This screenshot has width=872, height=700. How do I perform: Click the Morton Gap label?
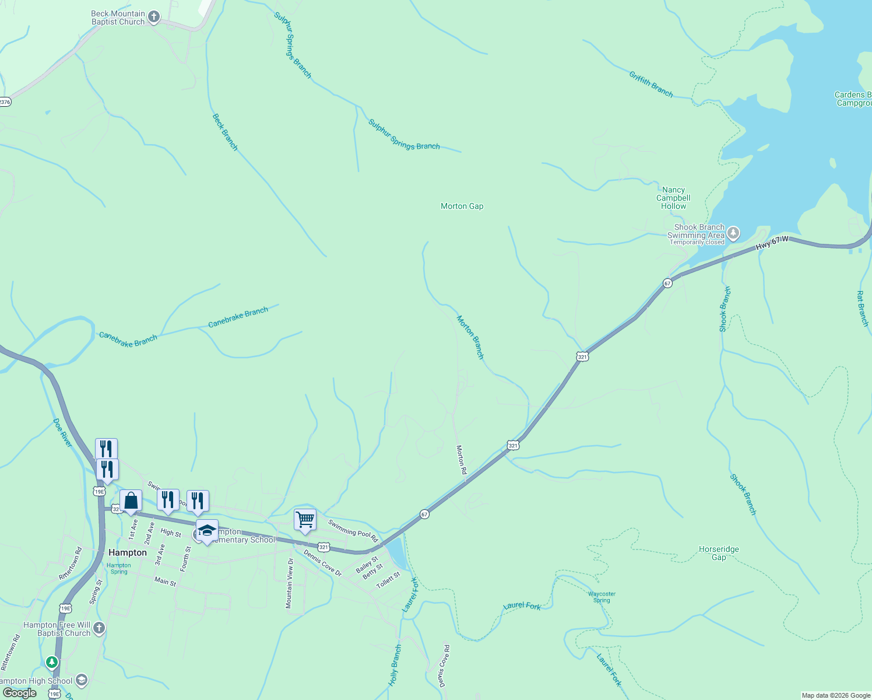click(x=462, y=206)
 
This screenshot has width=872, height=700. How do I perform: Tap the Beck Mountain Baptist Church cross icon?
click(x=154, y=17)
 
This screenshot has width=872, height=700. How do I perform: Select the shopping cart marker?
click(x=305, y=519)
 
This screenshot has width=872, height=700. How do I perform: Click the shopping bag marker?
click(x=131, y=501)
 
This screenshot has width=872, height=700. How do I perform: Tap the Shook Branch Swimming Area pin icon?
click(x=733, y=234)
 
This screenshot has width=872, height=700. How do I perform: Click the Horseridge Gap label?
click(x=719, y=553)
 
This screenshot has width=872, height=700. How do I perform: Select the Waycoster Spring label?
click(x=602, y=597)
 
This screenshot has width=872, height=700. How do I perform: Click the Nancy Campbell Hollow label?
click(x=673, y=198)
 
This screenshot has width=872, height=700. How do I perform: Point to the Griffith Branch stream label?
click(x=651, y=84)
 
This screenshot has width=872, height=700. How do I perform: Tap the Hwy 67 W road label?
click(x=772, y=243)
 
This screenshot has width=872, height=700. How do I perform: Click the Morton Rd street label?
click(x=461, y=460)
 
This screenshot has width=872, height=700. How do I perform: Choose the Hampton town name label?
click(x=128, y=552)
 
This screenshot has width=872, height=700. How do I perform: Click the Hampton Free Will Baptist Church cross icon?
click(x=99, y=628)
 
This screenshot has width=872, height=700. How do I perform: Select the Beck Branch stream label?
click(x=225, y=132)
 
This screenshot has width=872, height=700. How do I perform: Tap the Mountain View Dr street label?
click(x=289, y=583)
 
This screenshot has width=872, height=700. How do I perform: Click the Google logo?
click(x=20, y=693)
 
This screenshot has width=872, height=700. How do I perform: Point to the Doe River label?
click(x=63, y=433)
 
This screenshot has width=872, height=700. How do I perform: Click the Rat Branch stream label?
click(x=863, y=309)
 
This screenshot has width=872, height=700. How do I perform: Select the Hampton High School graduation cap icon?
click(x=82, y=680)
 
